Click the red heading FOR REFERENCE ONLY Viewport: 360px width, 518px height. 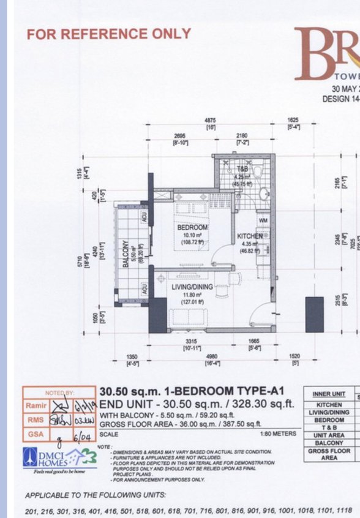click(108, 34)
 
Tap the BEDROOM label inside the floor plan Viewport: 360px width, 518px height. click(192, 227)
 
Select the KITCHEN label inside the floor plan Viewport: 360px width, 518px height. click(250, 236)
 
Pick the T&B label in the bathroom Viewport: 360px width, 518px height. click(242, 167)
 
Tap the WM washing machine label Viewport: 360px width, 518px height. click(263, 220)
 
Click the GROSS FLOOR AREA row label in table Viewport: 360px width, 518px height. click(329, 454)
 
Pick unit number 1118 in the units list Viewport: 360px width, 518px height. click(345, 511)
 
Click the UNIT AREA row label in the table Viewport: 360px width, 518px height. click(329, 435)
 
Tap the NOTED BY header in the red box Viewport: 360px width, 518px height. click(59, 392)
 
